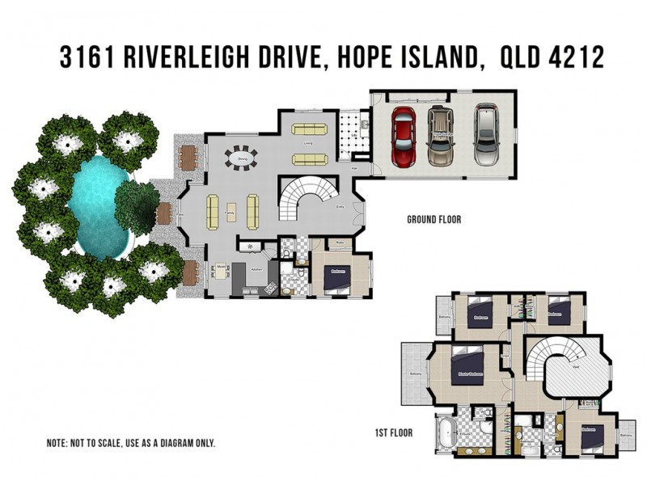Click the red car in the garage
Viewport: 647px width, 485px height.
(403, 136)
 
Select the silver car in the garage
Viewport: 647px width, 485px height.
(486, 134)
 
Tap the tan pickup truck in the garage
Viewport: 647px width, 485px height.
(441, 135)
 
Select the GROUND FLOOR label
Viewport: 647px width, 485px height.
(433, 219)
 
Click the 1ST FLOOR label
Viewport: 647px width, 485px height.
(393, 433)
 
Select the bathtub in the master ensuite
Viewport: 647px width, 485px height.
(447, 434)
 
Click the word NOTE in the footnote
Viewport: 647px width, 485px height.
(59, 444)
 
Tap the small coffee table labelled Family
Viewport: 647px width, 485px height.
(230, 213)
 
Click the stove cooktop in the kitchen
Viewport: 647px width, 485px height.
(251, 246)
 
